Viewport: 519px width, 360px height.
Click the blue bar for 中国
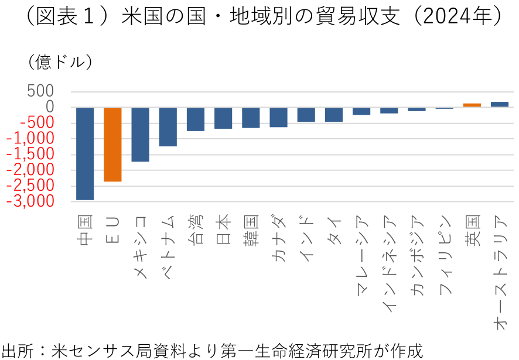point(85,153)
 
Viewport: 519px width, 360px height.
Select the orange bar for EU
point(112,145)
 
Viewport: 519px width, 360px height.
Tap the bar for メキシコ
point(140,134)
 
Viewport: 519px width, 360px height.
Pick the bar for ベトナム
point(168,126)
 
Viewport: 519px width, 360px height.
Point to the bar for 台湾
point(195,119)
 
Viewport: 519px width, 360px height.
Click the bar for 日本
point(223,118)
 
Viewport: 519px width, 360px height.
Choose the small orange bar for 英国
point(472,105)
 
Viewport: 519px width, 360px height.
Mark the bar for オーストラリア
point(499,104)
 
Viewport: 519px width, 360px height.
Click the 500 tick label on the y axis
point(40,91)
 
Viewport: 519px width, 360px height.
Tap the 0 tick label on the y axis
point(50,107)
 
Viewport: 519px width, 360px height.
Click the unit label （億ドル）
point(56,61)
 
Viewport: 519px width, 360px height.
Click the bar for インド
point(306,114)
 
